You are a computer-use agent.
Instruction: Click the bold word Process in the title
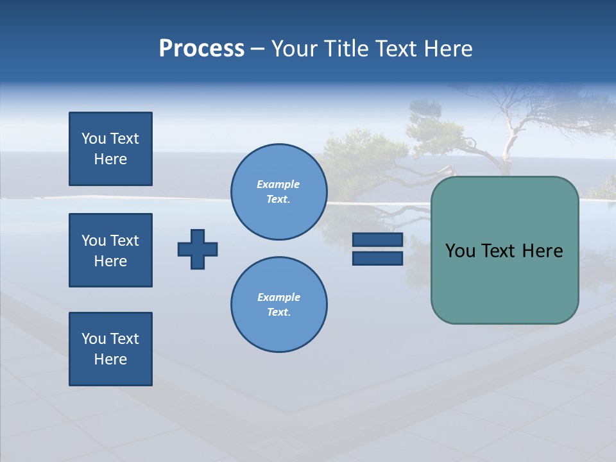(201, 49)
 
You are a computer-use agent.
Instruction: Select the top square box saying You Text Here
(110, 149)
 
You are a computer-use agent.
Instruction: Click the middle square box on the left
(110, 250)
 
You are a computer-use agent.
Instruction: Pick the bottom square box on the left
(110, 349)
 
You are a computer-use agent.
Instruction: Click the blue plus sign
(198, 249)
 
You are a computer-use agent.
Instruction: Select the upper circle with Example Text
(279, 192)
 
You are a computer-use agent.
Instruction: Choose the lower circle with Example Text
(279, 305)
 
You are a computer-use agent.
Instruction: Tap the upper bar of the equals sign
(377, 240)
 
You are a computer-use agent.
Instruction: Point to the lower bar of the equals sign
(377, 258)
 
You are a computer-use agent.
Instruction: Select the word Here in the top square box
(110, 159)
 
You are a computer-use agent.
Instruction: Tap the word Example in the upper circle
(278, 184)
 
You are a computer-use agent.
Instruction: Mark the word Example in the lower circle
(278, 297)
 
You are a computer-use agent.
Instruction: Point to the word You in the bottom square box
(94, 339)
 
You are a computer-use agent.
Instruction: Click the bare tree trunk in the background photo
(510, 141)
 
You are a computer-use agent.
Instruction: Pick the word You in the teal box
(460, 251)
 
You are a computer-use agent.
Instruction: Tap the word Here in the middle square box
(110, 261)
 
